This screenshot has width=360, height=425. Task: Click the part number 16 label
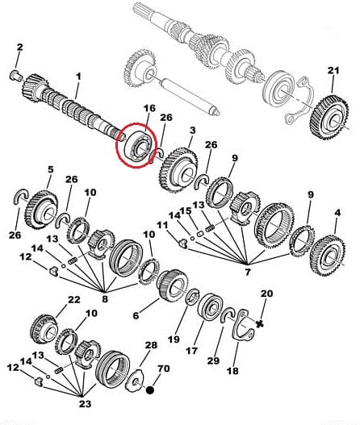[x=149, y=107]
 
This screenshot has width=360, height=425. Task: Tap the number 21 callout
[x=334, y=71]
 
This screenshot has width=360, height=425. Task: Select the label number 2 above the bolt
[x=20, y=47]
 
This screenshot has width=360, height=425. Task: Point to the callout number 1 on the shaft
[x=78, y=77]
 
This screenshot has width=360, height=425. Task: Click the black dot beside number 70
[x=149, y=390]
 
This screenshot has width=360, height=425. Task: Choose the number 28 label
[x=150, y=346]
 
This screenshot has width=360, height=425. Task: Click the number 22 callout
[x=74, y=300]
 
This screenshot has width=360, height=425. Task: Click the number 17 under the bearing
[x=192, y=351]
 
